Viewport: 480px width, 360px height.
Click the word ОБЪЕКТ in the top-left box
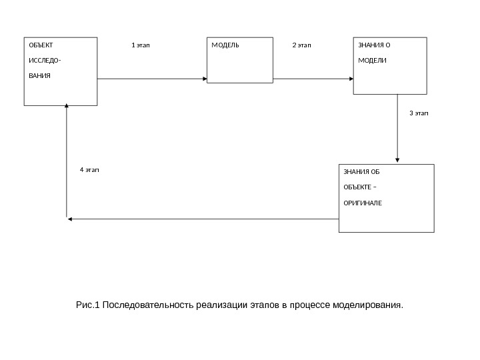click(x=39, y=46)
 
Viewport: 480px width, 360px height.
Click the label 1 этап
click(x=141, y=46)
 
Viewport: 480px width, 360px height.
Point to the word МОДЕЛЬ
click(x=225, y=46)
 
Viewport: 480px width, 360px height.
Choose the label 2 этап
click(x=302, y=46)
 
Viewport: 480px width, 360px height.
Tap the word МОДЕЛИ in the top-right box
click(x=372, y=61)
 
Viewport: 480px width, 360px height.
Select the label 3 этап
click(x=419, y=113)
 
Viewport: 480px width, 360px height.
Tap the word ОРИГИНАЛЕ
click(x=363, y=201)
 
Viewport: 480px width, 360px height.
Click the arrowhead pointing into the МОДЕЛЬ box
click(x=205, y=79)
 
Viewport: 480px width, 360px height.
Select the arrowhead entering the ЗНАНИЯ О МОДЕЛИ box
click(x=351, y=79)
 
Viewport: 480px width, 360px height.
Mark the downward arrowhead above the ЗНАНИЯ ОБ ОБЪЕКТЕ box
click(x=397, y=160)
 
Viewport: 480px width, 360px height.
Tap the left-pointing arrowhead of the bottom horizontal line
click(x=70, y=219)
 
